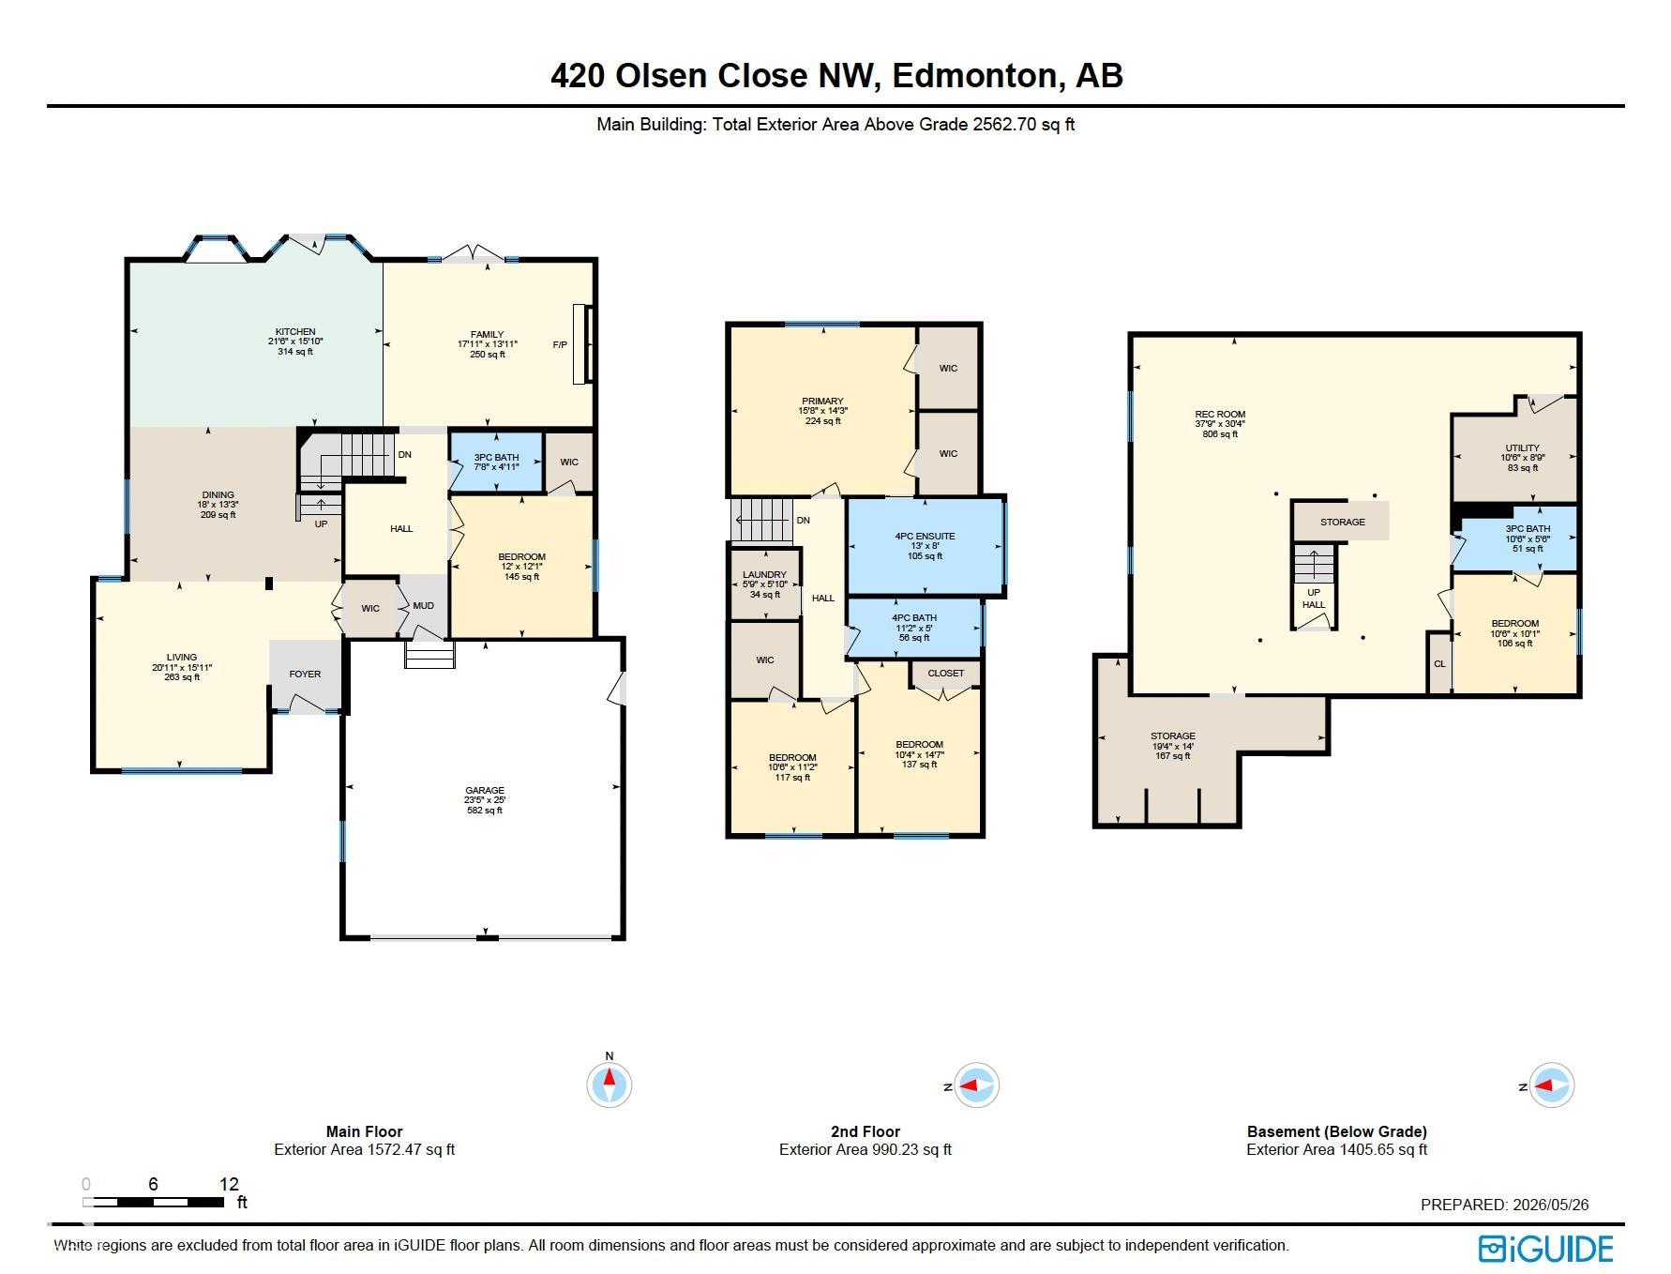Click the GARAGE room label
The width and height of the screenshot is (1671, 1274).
pyautogui.click(x=485, y=790)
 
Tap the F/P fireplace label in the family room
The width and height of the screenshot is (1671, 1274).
pyautogui.click(x=560, y=345)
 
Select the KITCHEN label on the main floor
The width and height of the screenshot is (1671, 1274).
pyautogui.click(x=295, y=332)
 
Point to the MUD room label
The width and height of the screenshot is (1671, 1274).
pyautogui.click(x=423, y=606)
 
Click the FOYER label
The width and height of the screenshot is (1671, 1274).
pyautogui.click(x=305, y=674)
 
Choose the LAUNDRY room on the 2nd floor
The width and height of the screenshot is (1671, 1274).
pyautogui.click(x=765, y=575)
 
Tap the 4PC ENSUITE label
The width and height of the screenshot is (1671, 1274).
pyautogui.click(x=925, y=537)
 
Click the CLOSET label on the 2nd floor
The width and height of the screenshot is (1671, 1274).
pyautogui.click(x=945, y=673)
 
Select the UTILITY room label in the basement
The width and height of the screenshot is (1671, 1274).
pyautogui.click(x=1522, y=447)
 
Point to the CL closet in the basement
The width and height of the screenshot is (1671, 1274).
pyautogui.click(x=1439, y=664)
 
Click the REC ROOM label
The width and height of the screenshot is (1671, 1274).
pyautogui.click(x=1220, y=414)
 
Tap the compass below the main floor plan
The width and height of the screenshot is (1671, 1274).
pyautogui.click(x=610, y=1085)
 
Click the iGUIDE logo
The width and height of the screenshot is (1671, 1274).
pyautogui.click(x=1545, y=1249)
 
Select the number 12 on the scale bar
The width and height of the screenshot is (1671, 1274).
pyautogui.click(x=229, y=1184)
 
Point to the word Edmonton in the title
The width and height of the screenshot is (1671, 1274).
pyautogui.click(x=975, y=75)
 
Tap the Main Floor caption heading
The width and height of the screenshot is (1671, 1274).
pyautogui.click(x=364, y=1131)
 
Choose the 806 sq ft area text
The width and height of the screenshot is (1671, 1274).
pyautogui.click(x=1220, y=434)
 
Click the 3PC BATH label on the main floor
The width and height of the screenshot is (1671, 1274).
pyautogui.click(x=496, y=457)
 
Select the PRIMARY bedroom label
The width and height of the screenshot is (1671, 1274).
pyautogui.click(x=822, y=401)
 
